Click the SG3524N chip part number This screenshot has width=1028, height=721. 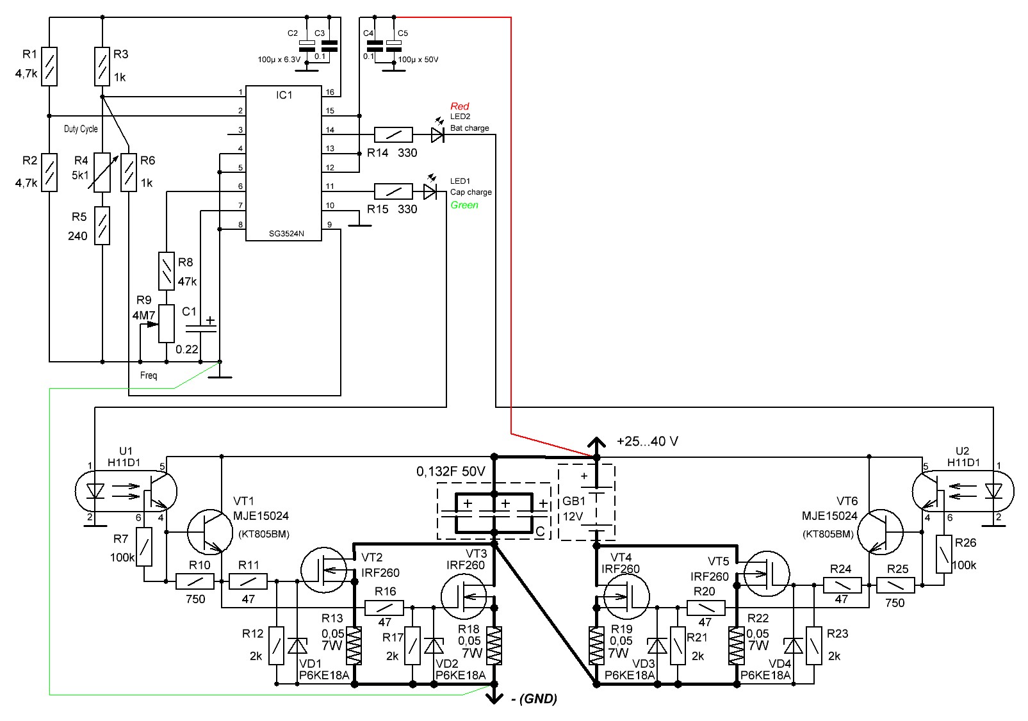pos(286,234)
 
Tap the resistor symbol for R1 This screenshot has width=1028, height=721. pos(49,67)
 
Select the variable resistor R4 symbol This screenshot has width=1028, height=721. pos(102,172)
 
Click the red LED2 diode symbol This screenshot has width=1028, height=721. pos(437,135)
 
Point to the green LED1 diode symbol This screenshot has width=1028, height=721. pos(430,191)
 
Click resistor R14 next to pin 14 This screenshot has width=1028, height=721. pos(393,135)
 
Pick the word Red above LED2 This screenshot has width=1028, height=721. pos(459,106)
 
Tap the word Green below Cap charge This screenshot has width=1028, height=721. pos(464,205)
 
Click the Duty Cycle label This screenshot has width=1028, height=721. pos(81,129)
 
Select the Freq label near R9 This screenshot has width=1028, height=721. pos(149,375)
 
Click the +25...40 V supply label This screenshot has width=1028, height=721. pos(647,442)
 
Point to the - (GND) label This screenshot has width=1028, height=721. pos(534,699)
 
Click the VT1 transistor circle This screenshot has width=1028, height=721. pos(210,532)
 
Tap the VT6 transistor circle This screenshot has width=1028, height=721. pos(880,532)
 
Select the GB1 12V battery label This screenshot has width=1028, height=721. pos(574,509)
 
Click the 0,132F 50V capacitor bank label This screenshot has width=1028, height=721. pos(451,471)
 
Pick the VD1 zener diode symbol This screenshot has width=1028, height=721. pos(297,646)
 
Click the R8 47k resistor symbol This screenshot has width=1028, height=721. pos(167,271)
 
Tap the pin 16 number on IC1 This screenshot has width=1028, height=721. pos(330,92)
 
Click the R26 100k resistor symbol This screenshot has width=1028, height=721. pos(944,554)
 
